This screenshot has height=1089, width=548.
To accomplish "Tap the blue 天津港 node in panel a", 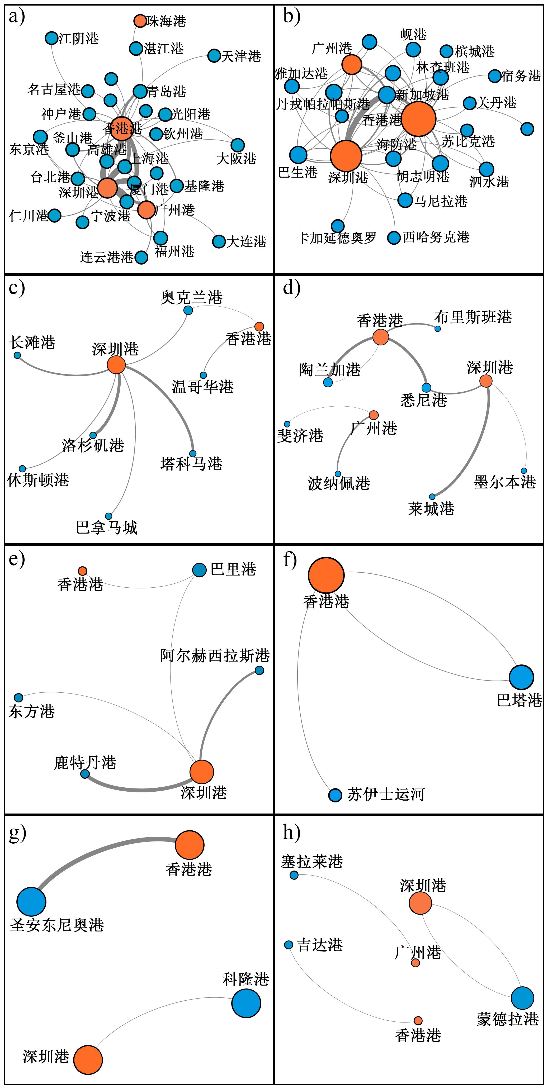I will (x=214, y=55).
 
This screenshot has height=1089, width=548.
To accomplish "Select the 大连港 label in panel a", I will (x=247, y=242).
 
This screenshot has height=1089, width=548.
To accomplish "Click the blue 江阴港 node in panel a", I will (x=51, y=38).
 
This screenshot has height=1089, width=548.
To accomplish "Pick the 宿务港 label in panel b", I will (x=521, y=76).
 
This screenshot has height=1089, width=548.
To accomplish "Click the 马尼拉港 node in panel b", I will (x=405, y=200).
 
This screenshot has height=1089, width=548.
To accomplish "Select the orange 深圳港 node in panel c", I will (x=116, y=364).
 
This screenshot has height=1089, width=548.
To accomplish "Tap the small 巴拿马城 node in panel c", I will (x=109, y=516).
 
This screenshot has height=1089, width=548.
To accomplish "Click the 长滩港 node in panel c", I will (x=17, y=355).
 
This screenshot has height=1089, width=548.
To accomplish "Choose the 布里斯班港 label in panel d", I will (x=473, y=317).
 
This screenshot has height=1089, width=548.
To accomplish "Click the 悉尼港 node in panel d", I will (x=426, y=388).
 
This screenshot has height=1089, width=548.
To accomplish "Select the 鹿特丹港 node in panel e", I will (x=85, y=774).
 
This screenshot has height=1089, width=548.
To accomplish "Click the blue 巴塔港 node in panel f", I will (x=521, y=677).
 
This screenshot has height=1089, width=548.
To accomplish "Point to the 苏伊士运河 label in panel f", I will (x=386, y=794).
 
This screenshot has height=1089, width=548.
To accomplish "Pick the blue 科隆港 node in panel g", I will (x=246, y=1003).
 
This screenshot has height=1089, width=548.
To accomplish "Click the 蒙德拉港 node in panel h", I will (x=523, y=998).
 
